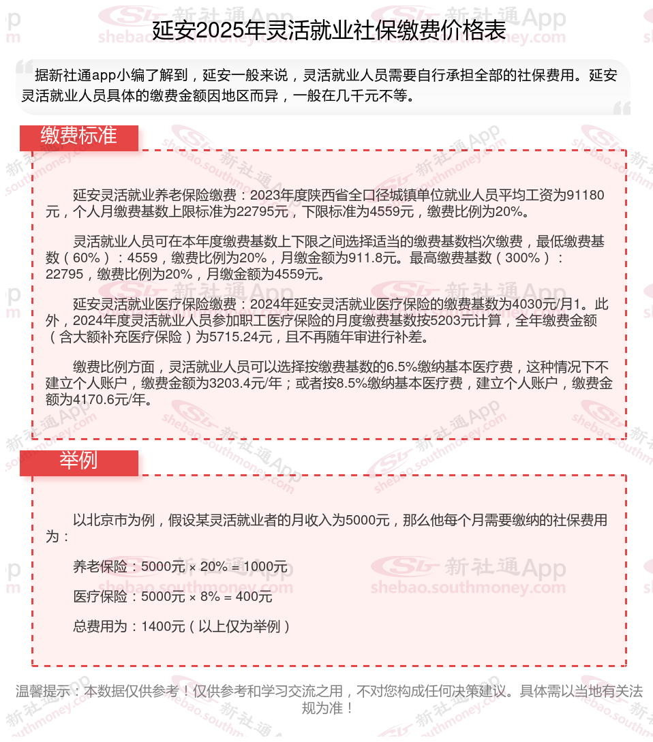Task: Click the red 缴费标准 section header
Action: (x=78, y=136)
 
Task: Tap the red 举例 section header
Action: (x=78, y=461)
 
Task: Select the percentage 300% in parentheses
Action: (x=526, y=258)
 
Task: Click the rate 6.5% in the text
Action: (x=406, y=367)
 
